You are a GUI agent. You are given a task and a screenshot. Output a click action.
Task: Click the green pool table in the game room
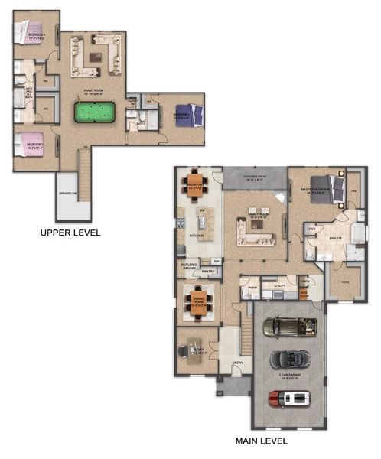pos(93,112)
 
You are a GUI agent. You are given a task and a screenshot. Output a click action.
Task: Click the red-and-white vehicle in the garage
pos(288,398)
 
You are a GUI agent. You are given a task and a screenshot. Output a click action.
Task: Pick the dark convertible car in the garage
pos(288,359)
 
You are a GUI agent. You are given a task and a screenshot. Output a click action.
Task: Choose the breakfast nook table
pos(194,184)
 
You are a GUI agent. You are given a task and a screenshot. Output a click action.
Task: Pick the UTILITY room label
pos(278,285)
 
